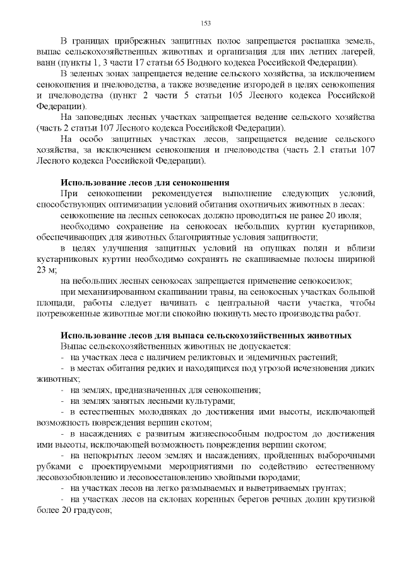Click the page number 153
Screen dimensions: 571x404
coord(205,23)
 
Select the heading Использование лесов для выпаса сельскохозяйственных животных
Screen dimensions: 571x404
coord(206,335)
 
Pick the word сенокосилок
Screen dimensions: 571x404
coord(328,280)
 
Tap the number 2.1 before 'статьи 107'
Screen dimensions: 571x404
coord(327,150)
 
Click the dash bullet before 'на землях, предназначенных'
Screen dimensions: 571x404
coord(63,390)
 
